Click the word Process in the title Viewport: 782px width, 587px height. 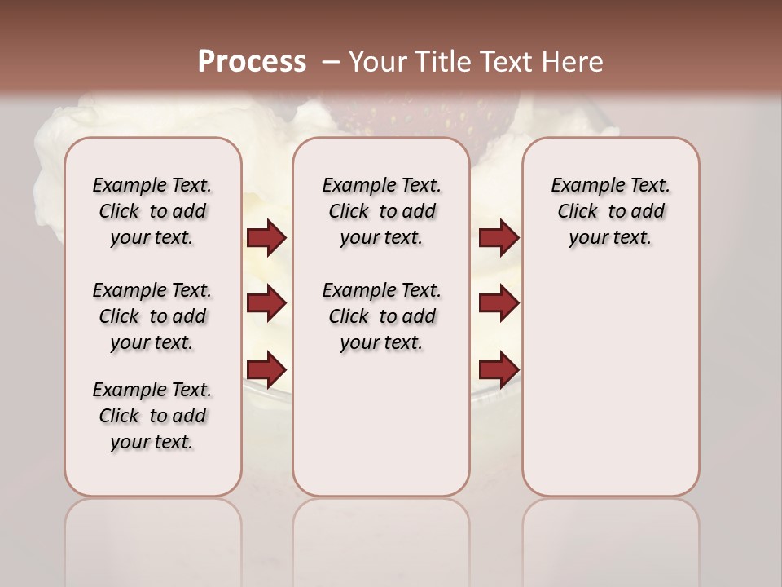[x=252, y=61]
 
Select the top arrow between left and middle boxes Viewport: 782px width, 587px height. [x=266, y=237]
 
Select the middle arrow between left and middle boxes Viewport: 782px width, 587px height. [x=266, y=303]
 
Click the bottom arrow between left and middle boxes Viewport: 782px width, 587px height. [x=266, y=369]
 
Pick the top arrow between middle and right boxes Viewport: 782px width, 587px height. [x=499, y=237]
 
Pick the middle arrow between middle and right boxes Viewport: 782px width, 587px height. [x=499, y=303]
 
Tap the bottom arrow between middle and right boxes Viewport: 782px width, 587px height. [x=499, y=369]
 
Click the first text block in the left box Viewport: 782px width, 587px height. [x=152, y=211]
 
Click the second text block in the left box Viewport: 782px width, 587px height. [x=152, y=316]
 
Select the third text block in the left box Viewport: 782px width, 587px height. [x=152, y=416]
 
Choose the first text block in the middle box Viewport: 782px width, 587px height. [x=381, y=211]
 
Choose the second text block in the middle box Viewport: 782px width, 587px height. [x=381, y=316]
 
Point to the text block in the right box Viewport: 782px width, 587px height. [x=610, y=211]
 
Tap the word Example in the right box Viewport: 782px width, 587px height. [x=582, y=185]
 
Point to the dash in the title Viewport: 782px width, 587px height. [x=331, y=62]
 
